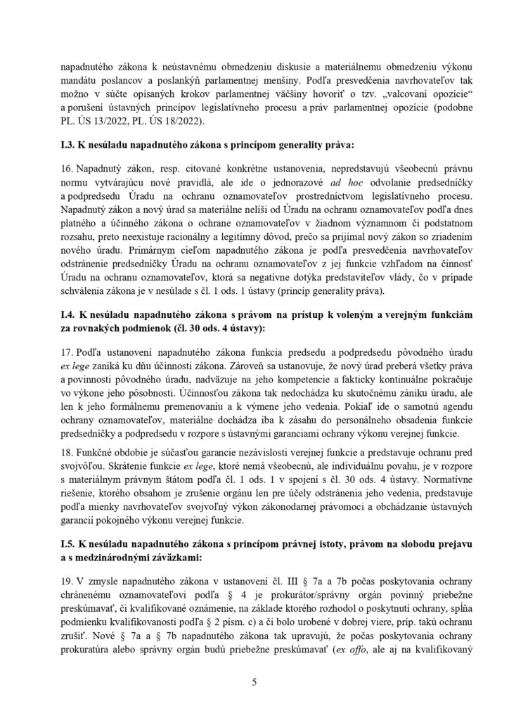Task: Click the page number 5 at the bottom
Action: click(254, 681)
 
